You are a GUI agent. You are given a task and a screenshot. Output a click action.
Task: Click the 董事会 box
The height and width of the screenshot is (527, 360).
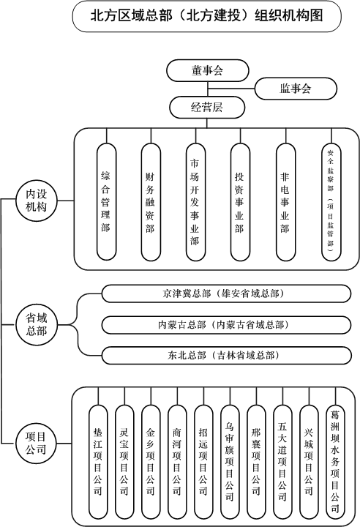point(207,70)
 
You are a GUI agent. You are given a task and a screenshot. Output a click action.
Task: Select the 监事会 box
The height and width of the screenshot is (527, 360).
point(296,89)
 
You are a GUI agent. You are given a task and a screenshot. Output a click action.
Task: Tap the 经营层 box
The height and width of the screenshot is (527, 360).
point(207,108)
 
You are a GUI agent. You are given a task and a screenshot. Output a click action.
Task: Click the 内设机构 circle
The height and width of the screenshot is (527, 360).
point(37,201)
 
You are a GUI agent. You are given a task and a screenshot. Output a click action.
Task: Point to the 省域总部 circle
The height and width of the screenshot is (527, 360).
point(37,325)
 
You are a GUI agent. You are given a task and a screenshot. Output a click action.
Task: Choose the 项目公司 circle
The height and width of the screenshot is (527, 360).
point(36,444)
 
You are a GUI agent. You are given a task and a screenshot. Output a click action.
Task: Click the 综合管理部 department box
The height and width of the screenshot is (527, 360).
point(106,202)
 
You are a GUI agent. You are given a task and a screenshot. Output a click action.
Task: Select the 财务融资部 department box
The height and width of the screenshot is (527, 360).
point(151,202)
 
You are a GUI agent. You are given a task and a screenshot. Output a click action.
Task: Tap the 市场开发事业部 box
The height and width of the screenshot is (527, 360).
point(195,202)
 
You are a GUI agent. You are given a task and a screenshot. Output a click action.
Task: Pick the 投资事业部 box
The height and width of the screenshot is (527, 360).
point(240,202)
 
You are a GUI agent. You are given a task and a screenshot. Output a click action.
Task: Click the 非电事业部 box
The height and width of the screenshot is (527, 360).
point(285,202)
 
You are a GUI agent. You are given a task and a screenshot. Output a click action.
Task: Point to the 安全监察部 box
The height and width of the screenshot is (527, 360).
point(331,202)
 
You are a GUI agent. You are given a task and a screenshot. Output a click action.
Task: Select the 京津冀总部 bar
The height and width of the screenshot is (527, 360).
point(226,294)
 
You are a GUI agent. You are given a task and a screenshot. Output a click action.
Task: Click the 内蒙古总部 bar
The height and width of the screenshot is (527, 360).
point(226,325)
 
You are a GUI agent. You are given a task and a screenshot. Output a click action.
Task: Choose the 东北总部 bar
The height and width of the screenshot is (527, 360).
point(227,356)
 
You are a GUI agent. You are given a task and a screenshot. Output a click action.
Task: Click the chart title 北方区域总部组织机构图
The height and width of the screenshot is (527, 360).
point(207,16)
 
